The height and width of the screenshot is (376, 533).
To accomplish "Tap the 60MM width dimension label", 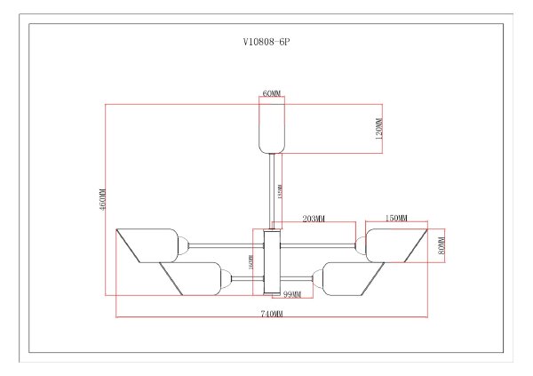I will [x=271, y=92].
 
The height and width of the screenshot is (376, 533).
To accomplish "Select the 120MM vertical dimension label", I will [x=378, y=130].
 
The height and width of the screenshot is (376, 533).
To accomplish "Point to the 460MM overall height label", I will [x=102, y=199].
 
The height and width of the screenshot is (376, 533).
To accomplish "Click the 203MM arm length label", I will [x=314, y=219].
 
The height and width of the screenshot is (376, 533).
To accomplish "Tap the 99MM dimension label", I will [x=291, y=294].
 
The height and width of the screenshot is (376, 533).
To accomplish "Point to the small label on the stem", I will [x=281, y=191].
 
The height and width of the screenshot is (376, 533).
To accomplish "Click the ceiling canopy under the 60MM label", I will [x=271, y=130].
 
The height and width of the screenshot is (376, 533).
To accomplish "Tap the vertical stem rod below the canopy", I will [x=272, y=190].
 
